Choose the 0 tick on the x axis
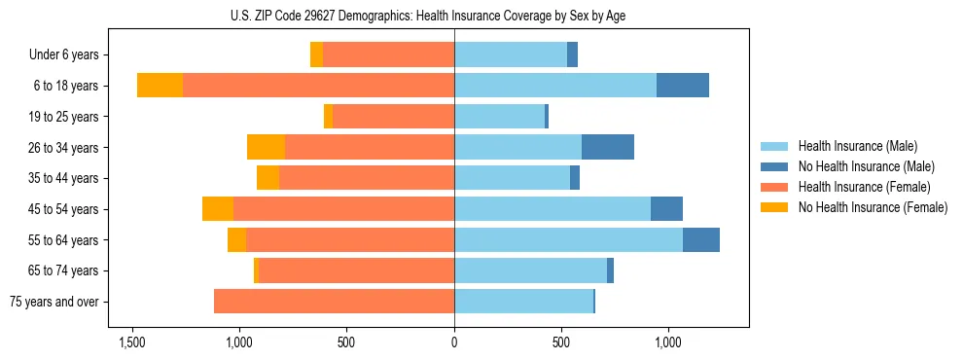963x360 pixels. click(x=454, y=342)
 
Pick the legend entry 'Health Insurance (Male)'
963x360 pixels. click(x=857, y=147)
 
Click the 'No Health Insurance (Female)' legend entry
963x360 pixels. click(x=873, y=207)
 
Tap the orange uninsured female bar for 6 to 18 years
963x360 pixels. click(x=160, y=86)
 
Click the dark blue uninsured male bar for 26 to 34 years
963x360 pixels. click(x=608, y=147)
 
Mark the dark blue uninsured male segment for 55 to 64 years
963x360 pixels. click(x=701, y=239)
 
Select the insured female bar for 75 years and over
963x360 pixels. click(x=334, y=302)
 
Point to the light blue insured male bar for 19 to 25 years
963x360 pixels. click(x=499, y=117)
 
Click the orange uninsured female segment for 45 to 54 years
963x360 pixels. click(x=218, y=209)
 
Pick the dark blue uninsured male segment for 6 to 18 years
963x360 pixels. click(x=683, y=86)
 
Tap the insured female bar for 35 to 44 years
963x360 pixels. click(x=367, y=178)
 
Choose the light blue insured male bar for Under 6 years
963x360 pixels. click(x=511, y=55)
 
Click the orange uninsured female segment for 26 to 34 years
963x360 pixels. click(x=266, y=147)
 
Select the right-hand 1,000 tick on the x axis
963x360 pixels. click(x=668, y=342)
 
